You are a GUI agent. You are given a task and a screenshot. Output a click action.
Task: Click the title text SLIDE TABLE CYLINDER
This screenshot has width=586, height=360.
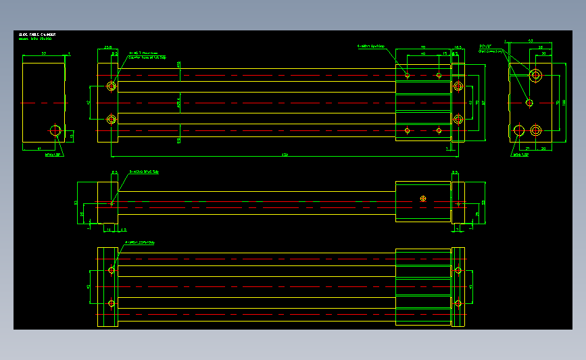[38, 34]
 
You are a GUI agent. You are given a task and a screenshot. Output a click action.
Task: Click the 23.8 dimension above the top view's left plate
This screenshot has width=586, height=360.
[107, 47]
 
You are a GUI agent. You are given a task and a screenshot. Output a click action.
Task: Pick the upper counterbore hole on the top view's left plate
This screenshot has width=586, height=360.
[112, 86]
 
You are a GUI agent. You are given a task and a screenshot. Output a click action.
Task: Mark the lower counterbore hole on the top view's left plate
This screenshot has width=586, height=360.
[112, 120]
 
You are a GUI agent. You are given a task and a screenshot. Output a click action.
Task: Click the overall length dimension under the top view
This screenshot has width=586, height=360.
[285, 155]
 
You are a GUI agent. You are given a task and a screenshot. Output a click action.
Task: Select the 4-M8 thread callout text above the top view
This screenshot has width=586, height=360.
[371, 47]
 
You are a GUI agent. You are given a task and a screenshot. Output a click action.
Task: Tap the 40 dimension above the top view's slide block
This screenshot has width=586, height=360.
[423, 53]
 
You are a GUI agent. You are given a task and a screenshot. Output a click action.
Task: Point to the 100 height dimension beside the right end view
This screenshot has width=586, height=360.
[564, 102]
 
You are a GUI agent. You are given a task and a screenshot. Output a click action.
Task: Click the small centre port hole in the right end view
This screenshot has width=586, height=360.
[529, 103]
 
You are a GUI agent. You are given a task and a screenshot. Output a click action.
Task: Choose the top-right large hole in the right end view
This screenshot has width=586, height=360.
[536, 75]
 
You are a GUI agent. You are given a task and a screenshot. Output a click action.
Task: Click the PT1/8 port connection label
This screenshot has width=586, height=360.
[487, 48]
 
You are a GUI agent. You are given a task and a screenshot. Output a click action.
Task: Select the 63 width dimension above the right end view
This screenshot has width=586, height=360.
[531, 41]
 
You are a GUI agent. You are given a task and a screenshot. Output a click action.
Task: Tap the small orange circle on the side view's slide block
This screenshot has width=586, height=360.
[423, 199]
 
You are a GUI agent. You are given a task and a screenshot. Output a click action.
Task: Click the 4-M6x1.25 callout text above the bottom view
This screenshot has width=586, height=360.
[140, 242]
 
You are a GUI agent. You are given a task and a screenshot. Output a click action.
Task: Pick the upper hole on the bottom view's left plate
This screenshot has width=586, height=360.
[112, 271]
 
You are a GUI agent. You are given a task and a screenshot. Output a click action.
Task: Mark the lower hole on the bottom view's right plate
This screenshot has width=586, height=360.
[458, 303]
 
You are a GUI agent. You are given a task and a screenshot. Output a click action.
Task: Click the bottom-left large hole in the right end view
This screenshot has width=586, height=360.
[518, 130]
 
